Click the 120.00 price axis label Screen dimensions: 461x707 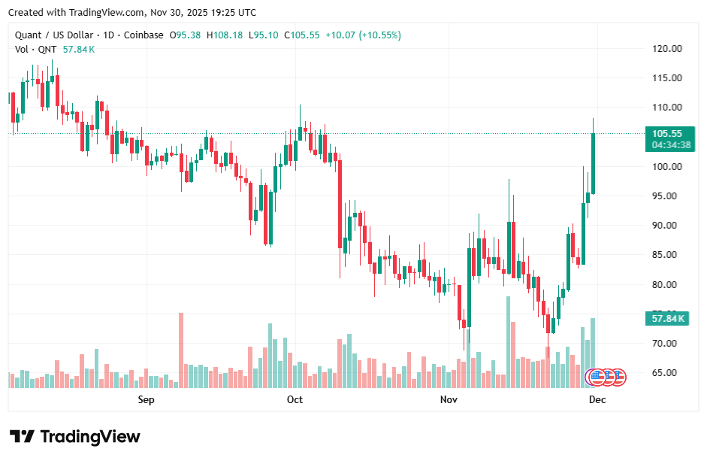(666, 49)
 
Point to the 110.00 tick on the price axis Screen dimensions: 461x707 (666, 108)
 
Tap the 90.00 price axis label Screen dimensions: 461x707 (666, 226)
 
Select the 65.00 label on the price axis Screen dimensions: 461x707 (666, 373)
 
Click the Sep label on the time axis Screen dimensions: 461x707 (147, 399)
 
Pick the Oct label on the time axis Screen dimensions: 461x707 (295, 399)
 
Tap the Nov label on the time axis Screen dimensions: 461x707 (449, 399)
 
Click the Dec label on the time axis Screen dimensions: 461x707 (597, 399)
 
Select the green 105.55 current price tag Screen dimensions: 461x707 (666, 134)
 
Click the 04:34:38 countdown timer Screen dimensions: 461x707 (666, 145)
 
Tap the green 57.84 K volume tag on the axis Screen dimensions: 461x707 (666, 319)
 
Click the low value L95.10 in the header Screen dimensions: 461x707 (264, 35)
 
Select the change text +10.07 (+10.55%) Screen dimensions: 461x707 (364, 35)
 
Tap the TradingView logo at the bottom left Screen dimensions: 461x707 (75, 437)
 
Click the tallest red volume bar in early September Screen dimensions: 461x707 (181, 350)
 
